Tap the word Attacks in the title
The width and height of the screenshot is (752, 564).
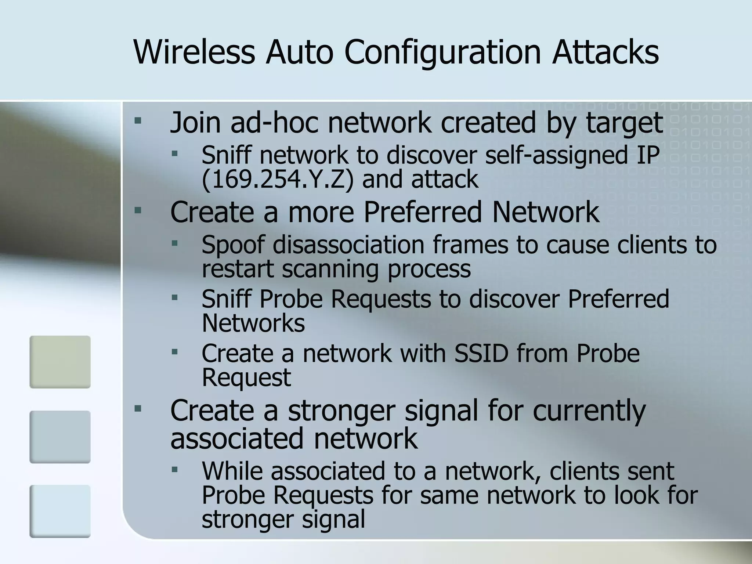point(605,52)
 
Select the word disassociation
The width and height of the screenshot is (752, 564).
point(348,245)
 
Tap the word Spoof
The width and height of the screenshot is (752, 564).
point(233,245)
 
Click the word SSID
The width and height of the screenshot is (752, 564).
point(481,353)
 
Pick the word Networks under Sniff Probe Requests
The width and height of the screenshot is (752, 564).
point(253,323)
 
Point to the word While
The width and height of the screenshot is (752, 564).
point(232,471)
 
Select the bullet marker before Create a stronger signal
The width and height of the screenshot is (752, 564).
point(138,408)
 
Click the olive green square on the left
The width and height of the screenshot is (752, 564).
point(60,362)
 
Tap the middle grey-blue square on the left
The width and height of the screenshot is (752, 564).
point(60,437)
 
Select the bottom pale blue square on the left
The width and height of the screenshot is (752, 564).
point(60,511)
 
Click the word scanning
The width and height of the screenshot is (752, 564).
point(330,269)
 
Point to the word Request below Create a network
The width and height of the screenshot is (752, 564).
point(246,377)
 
